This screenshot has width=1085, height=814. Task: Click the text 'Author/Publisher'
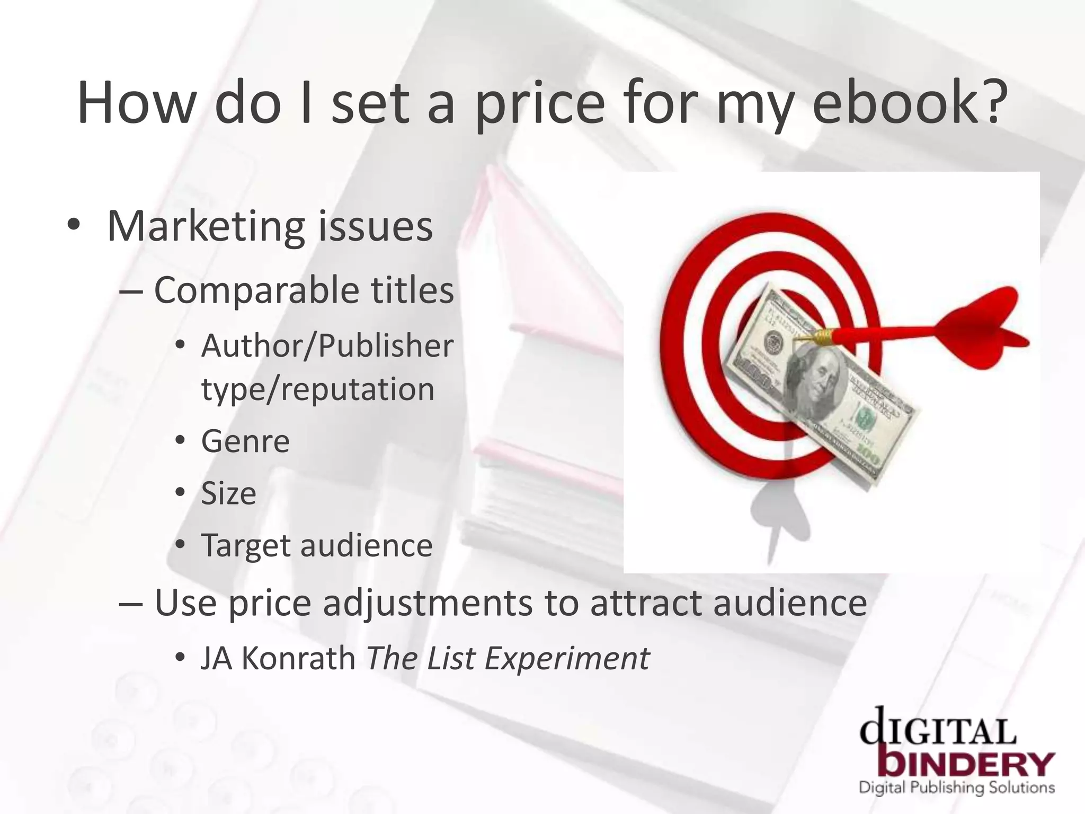coord(327,346)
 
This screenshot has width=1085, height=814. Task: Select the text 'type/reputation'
coord(318,390)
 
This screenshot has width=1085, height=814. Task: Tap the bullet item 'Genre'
coord(245,441)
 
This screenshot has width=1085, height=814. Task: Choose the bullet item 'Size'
coord(228,493)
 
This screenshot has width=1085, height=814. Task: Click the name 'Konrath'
coord(298,658)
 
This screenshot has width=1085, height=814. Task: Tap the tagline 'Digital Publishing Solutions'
coord(956,788)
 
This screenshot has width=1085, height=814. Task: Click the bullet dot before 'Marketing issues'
coord(74,226)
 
